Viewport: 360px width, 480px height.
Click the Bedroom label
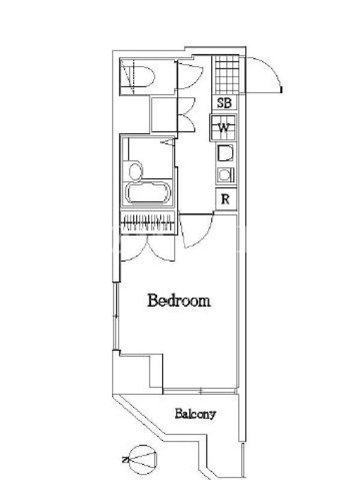(x=179, y=301)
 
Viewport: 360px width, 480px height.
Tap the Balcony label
(x=196, y=414)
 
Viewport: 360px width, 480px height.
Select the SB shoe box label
(x=224, y=103)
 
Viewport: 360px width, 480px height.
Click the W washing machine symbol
(x=223, y=127)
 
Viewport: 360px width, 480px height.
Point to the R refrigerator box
(x=226, y=199)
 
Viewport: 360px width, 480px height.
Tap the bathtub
(x=148, y=193)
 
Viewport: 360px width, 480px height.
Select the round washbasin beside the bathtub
(x=136, y=171)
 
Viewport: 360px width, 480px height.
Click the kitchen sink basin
(x=226, y=153)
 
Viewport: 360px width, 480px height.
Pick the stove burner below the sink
(x=226, y=175)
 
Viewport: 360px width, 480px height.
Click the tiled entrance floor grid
(x=227, y=74)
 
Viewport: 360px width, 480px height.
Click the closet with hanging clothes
(x=148, y=223)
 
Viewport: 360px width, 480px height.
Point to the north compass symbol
(x=143, y=460)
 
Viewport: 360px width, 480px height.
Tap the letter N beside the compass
(x=125, y=459)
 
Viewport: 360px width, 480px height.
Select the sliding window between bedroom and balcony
(x=200, y=391)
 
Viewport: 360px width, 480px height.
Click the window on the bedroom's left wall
(x=116, y=316)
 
